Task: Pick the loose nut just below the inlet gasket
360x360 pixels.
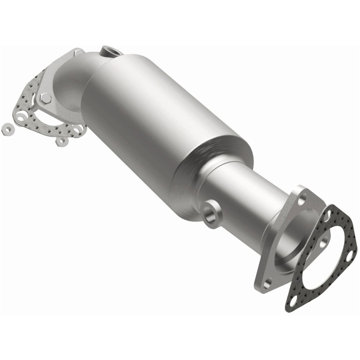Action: (x=61, y=141)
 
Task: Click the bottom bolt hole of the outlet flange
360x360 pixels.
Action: (x=268, y=283)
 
